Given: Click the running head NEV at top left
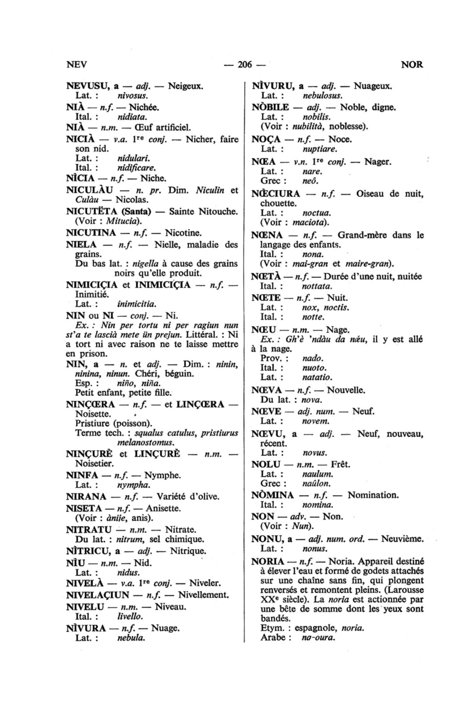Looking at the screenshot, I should click(x=77, y=65).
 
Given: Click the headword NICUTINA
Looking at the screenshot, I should click(x=91, y=233).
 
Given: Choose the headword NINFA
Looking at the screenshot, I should click(x=82, y=475).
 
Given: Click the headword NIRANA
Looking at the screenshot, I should click(x=86, y=496).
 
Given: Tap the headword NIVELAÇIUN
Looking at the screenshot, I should click(x=97, y=595).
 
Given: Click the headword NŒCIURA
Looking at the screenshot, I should click(x=276, y=193).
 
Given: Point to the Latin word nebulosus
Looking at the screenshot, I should click(x=322, y=96).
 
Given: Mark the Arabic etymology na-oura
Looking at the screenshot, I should click(x=318, y=638).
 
